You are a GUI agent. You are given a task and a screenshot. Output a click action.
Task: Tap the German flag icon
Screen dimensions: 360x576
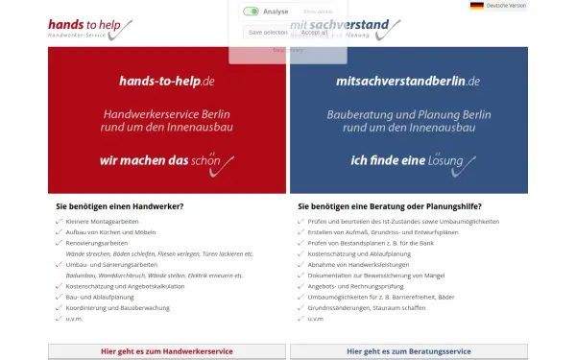(476, 6)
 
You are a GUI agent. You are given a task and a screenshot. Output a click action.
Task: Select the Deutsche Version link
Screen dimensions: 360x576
(507, 6)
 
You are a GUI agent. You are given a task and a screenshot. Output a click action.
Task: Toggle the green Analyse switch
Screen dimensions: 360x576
(251, 12)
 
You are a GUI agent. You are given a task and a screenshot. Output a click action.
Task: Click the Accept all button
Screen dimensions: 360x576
(314, 32)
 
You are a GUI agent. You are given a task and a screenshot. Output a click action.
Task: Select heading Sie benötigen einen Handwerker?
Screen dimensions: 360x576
(120, 206)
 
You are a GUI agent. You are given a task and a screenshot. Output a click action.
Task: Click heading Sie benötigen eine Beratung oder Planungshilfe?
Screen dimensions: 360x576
(390, 206)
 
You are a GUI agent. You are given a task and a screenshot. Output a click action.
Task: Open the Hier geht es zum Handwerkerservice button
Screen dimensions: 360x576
(166, 351)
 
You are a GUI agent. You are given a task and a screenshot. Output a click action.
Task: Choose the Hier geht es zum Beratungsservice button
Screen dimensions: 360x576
(408, 351)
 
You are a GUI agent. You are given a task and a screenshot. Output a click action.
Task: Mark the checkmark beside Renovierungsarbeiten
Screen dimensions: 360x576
(59, 243)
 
